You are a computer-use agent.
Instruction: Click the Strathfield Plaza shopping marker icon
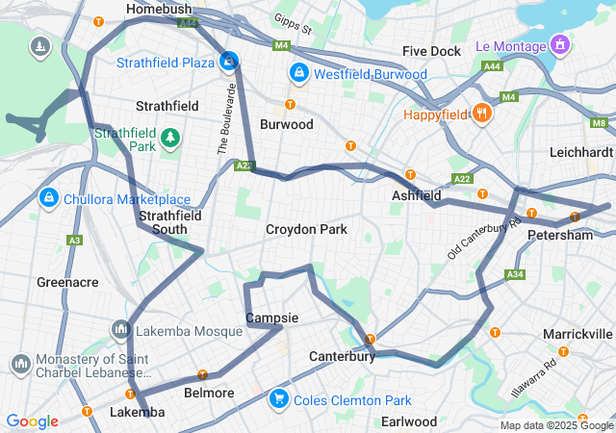coord(229,63)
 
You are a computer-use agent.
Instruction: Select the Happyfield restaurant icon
coord(482,115)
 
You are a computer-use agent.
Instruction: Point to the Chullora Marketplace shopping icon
coord(47,198)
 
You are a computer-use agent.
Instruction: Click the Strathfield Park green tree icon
coord(170,139)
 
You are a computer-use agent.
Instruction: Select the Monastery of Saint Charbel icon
coord(20,365)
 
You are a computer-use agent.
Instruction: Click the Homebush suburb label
coord(160,9)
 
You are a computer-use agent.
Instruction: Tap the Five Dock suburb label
coord(432,51)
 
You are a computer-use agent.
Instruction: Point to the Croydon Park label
coord(306,230)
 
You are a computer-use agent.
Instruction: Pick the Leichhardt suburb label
coord(580,153)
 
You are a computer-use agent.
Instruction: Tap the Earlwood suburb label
coord(409,421)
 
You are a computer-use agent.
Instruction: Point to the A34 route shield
coord(516,275)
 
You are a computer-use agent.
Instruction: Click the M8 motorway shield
coord(600,123)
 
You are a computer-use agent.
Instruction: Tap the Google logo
coord(33,421)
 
